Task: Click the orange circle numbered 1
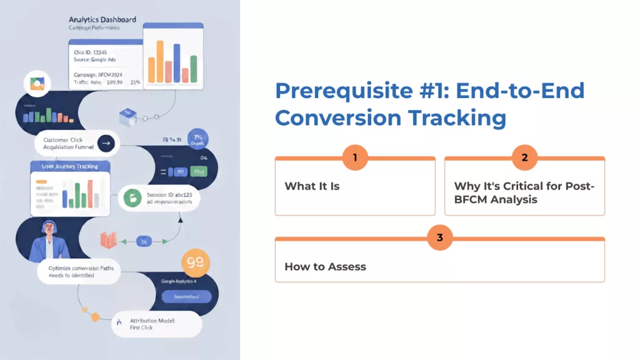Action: [x=355, y=157]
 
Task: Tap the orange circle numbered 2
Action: [x=524, y=157]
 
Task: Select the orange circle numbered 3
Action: [x=440, y=237]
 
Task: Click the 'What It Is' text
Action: [x=312, y=186]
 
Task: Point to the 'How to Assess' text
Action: [x=325, y=267]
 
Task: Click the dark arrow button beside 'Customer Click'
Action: [x=106, y=143]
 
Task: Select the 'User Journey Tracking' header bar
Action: [x=69, y=166]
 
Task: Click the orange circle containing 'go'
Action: [x=194, y=263]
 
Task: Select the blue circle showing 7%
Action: [x=198, y=139]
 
